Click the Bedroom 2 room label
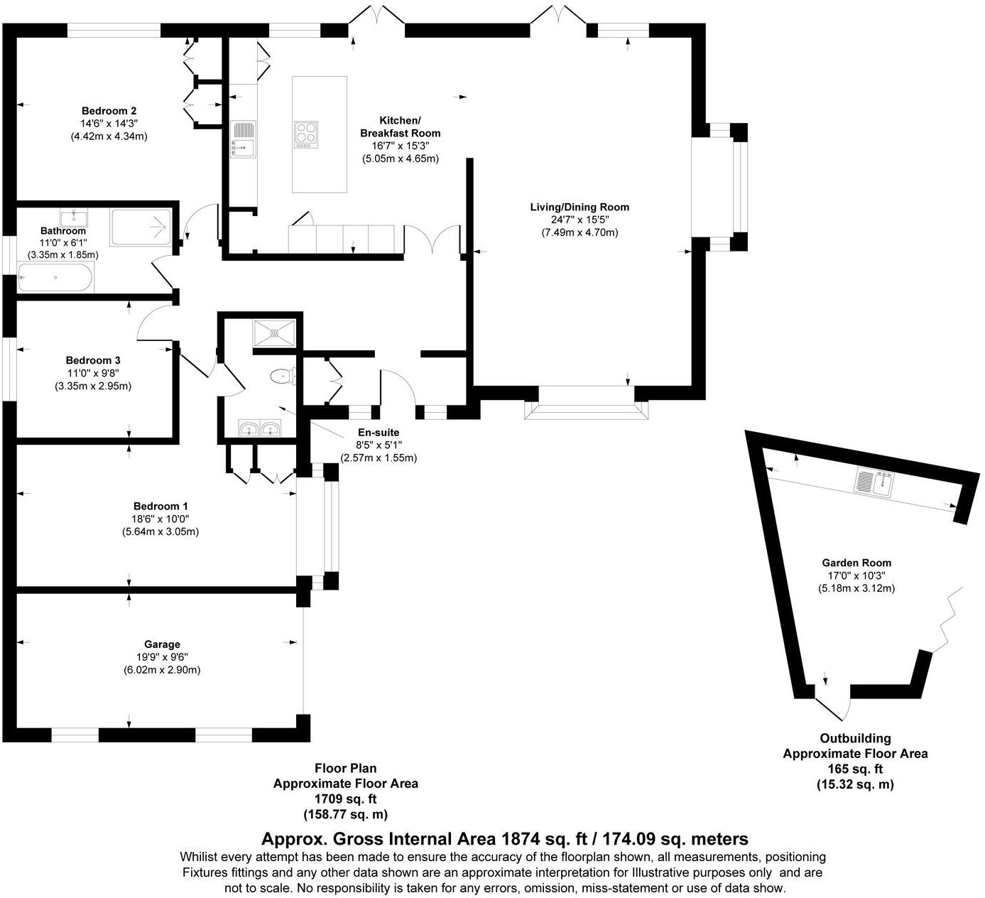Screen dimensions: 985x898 tap(109, 111)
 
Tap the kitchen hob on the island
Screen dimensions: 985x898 tap(306, 134)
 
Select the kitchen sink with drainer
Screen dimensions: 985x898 tap(243, 139)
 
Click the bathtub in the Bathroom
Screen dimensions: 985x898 tap(55, 278)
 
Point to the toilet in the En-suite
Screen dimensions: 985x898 tap(283, 377)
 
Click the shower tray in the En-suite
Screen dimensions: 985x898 tap(275, 334)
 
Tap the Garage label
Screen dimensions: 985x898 tap(162, 644)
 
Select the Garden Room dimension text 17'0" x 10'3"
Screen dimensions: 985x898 tap(856, 575)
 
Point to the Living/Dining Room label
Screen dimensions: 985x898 tap(579, 207)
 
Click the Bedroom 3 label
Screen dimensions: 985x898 tap(93, 360)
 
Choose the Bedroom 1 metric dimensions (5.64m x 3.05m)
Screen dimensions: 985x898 tap(160, 531)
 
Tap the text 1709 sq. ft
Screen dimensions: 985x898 tap(346, 799)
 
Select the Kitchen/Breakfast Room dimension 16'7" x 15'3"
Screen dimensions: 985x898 tap(401, 146)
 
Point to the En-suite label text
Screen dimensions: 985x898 tap(378, 432)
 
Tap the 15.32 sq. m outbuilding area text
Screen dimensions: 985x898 tap(855, 784)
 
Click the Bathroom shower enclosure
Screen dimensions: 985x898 tap(141, 227)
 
